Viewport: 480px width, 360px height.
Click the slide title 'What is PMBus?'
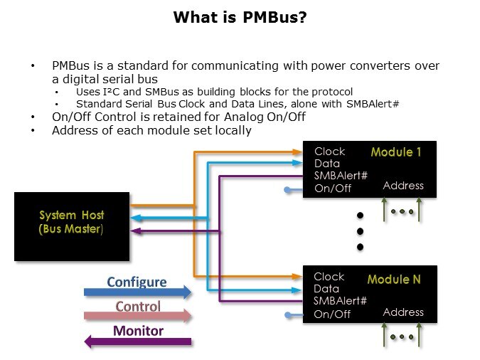[x=240, y=16]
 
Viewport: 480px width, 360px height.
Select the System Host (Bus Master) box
[x=72, y=226]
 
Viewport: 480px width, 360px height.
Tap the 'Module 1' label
[x=396, y=152]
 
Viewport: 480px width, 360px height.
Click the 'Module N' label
[x=393, y=280]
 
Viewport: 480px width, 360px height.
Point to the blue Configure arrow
[x=137, y=292]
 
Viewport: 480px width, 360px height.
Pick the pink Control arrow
[x=137, y=316]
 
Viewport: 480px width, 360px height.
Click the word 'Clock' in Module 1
[x=329, y=152]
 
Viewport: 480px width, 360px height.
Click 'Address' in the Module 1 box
[x=403, y=186]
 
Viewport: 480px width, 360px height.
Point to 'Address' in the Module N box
[x=403, y=312]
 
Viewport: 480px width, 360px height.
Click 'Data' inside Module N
[x=326, y=289]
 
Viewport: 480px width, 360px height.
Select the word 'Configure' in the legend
[x=137, y=282]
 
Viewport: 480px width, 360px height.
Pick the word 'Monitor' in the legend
[x=138, y=331]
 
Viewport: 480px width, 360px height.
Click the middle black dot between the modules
[x=360, y=231]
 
